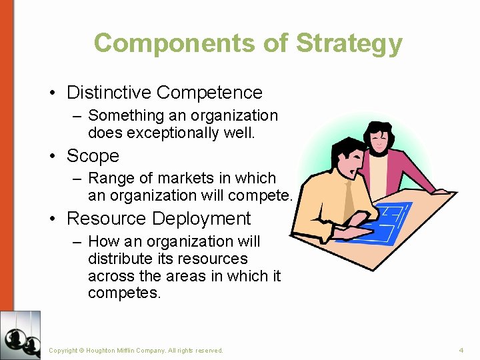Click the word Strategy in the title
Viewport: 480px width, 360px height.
coord(349,44)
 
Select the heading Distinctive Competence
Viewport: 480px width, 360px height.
coord(164,93)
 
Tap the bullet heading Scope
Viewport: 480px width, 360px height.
coord(93,156)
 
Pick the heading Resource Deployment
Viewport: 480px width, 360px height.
coord(159,219)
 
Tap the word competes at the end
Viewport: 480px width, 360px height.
coord(124,293)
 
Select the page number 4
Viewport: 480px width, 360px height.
coord(461,350)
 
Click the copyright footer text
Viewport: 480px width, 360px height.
coord(136,350)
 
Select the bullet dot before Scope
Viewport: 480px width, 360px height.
coord(52,157)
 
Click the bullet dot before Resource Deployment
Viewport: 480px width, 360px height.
coord(52,219)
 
